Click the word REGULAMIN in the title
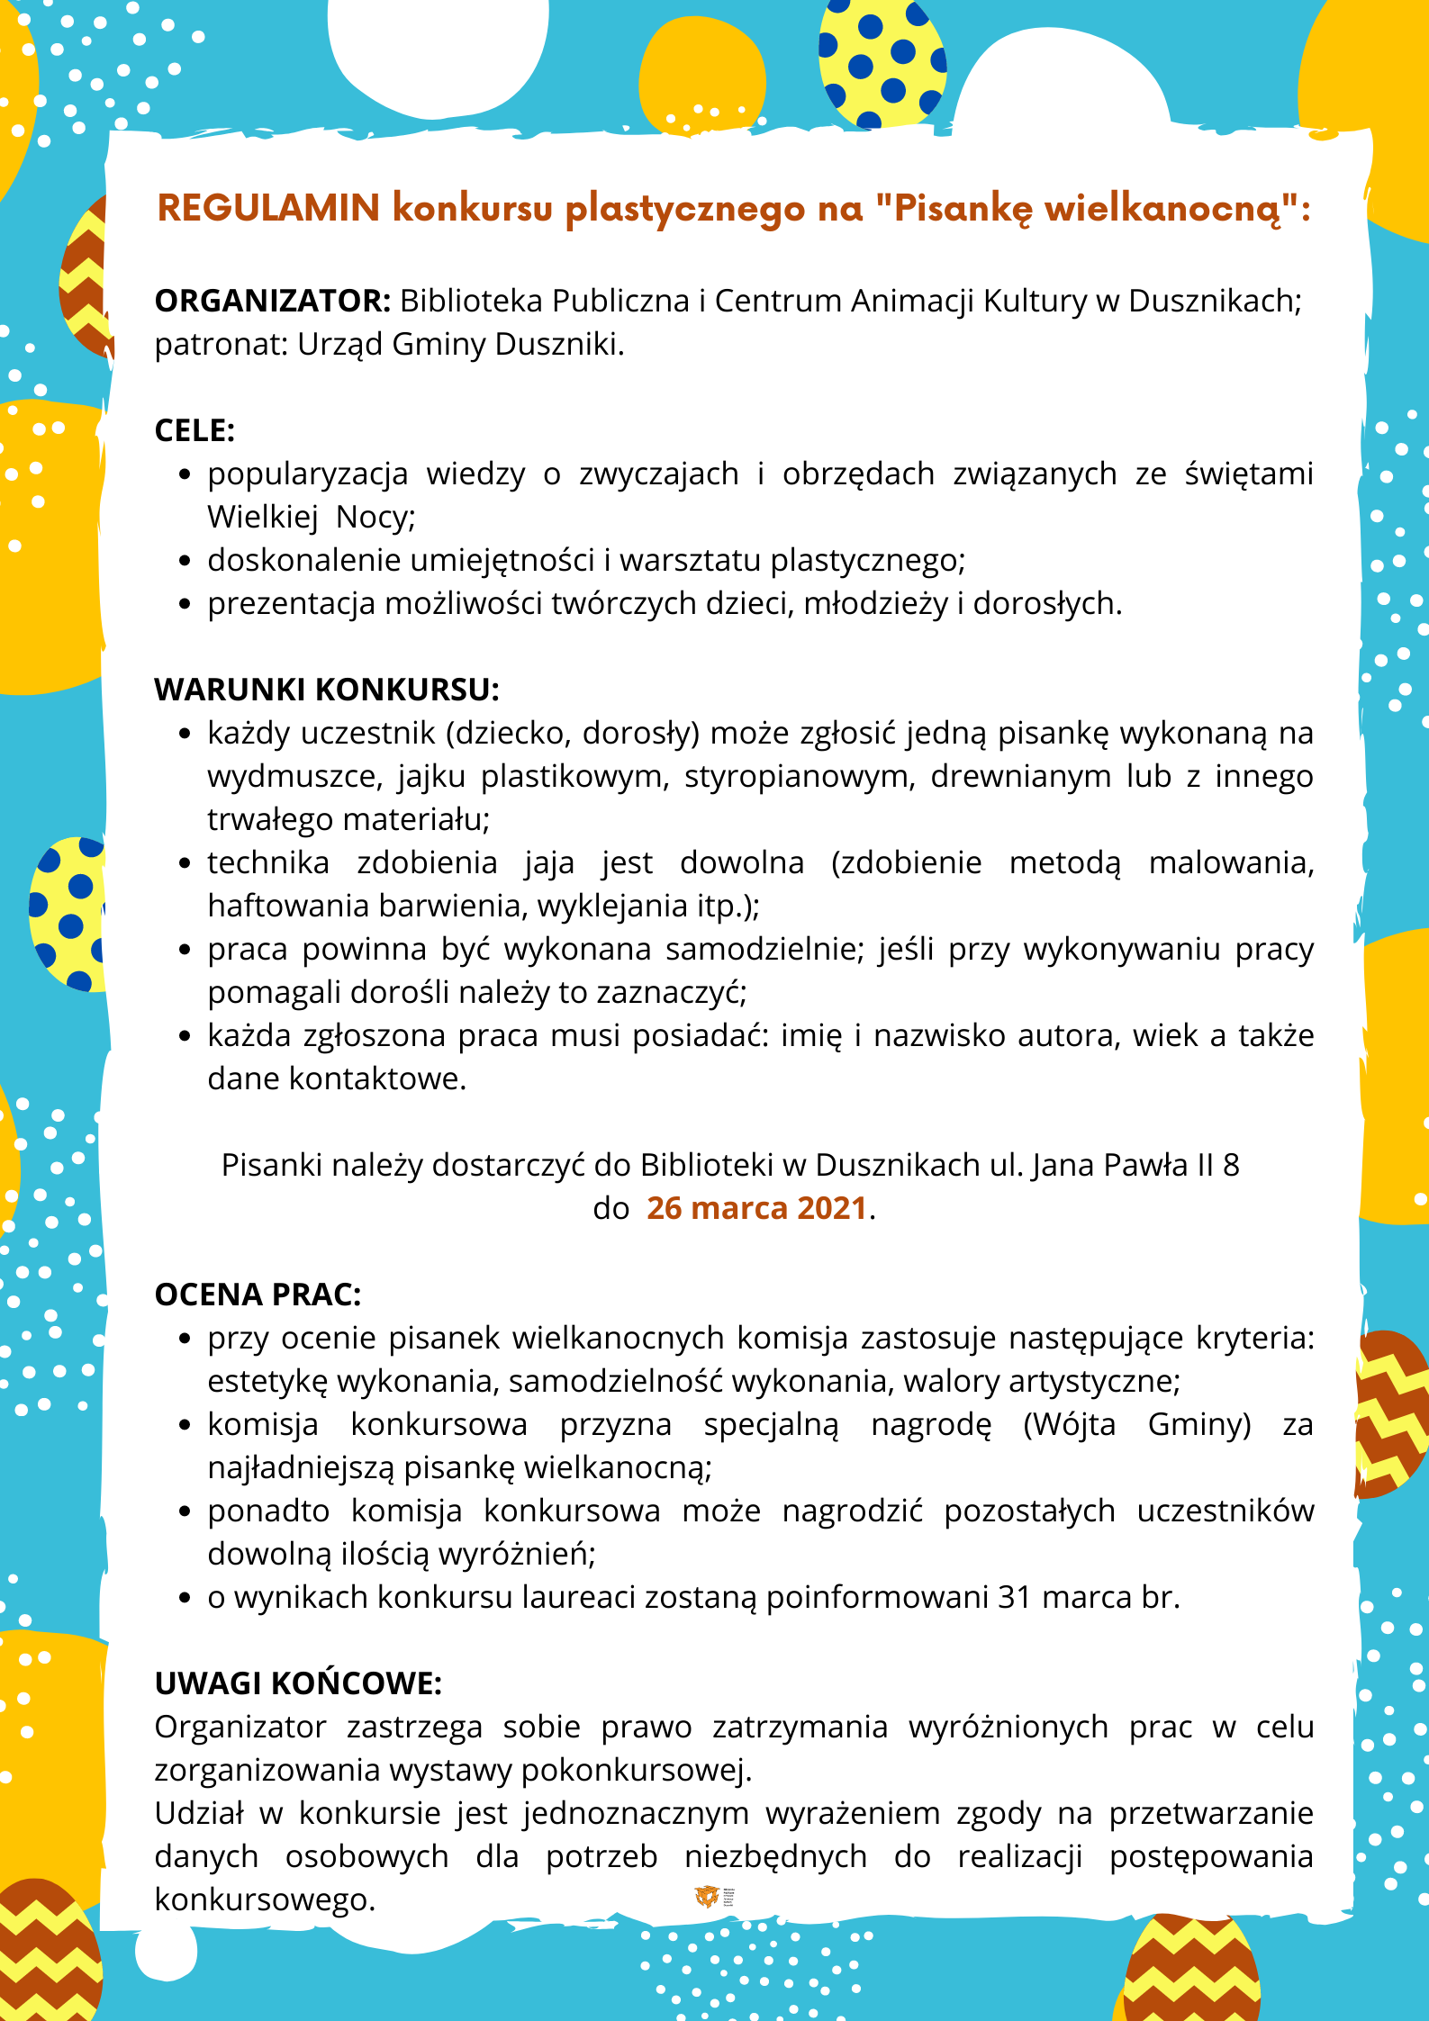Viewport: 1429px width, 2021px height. pyautogui.click(x=268, y=208)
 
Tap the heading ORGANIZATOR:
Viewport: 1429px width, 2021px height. pyautogui.click(x=272, y=301)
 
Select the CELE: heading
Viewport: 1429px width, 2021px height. pyautogui.click(x=194, y=430)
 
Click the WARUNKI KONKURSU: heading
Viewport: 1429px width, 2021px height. pyautogui.click(x=326, y=690)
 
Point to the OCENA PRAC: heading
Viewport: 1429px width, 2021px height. pyautogui.click(x=258, y=1295)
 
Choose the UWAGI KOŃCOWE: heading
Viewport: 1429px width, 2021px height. pyautogui.click(x=298, y=1683)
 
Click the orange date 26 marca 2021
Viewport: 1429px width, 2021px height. pyautogui.click(x=756, y=1208)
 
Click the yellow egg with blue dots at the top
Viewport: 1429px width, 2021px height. pyautogui.click(x=882, y=63)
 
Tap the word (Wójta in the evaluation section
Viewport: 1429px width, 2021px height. pyautogui.click(x=1069, y=1424)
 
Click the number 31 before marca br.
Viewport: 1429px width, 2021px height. pyautogui.click(x=1014, y=1597)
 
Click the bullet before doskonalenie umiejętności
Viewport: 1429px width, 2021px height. pyautogui.click(x=185, y=561)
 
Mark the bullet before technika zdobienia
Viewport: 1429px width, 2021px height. pyautogui.click(x=185, y=863)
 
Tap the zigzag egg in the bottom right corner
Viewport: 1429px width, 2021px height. pyautogui.click(x=1190, y=1971)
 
